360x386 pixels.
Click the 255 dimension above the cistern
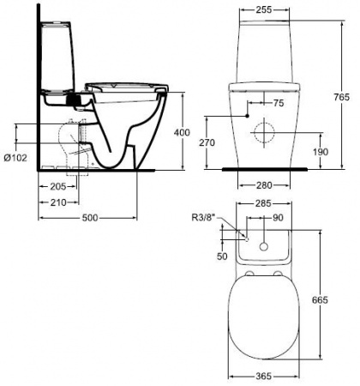click(264, 9)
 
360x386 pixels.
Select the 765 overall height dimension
click(342, 97)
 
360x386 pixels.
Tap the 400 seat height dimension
click(182, 132)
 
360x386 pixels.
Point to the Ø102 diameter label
click(15, 158)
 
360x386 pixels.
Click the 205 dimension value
click(58, 187)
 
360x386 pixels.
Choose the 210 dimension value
click(58, 202)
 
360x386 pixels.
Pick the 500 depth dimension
click(90, 218)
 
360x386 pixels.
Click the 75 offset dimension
click(279, 103)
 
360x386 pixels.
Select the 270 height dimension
click(207, 142)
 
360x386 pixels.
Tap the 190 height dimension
click(321, 152)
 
